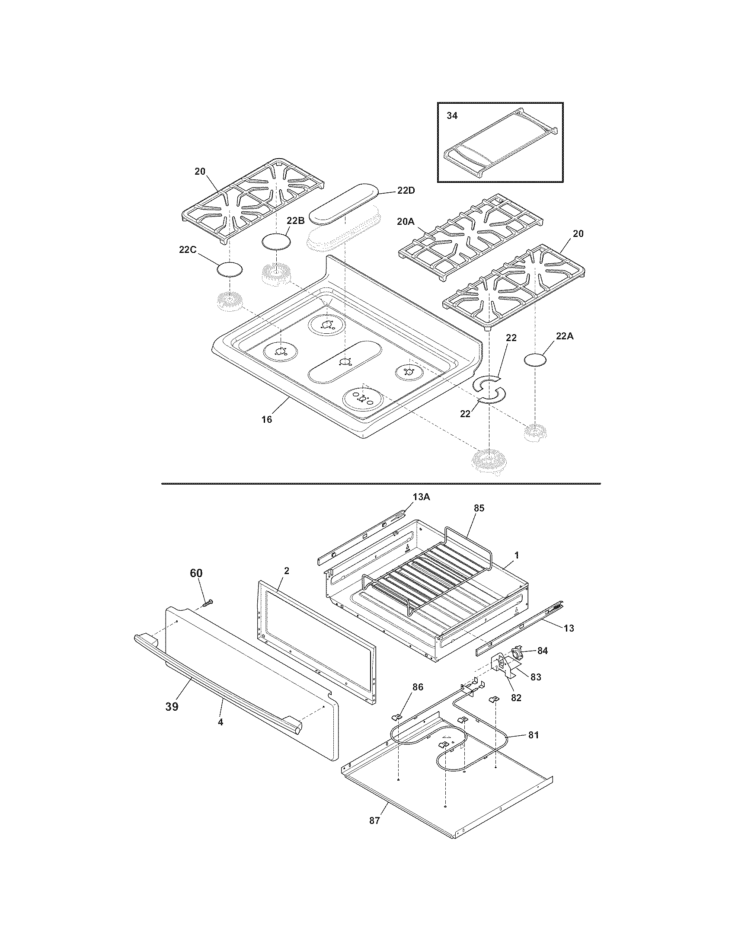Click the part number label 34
(x=452, y=116)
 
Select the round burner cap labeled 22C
(x=230, y=270)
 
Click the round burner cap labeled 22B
(x=276, y=241)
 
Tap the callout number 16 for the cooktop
(x=267, y=419)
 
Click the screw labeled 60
(x=208, y=603)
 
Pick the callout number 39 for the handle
(x=172, y=706)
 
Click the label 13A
(x=421, y=497)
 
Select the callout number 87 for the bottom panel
(x=375, y=821)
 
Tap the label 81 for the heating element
(x=533, y=735)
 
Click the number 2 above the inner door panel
(x=287, y=571)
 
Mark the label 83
(x=536, y=677)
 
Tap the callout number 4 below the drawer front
(x=221, y=722)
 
